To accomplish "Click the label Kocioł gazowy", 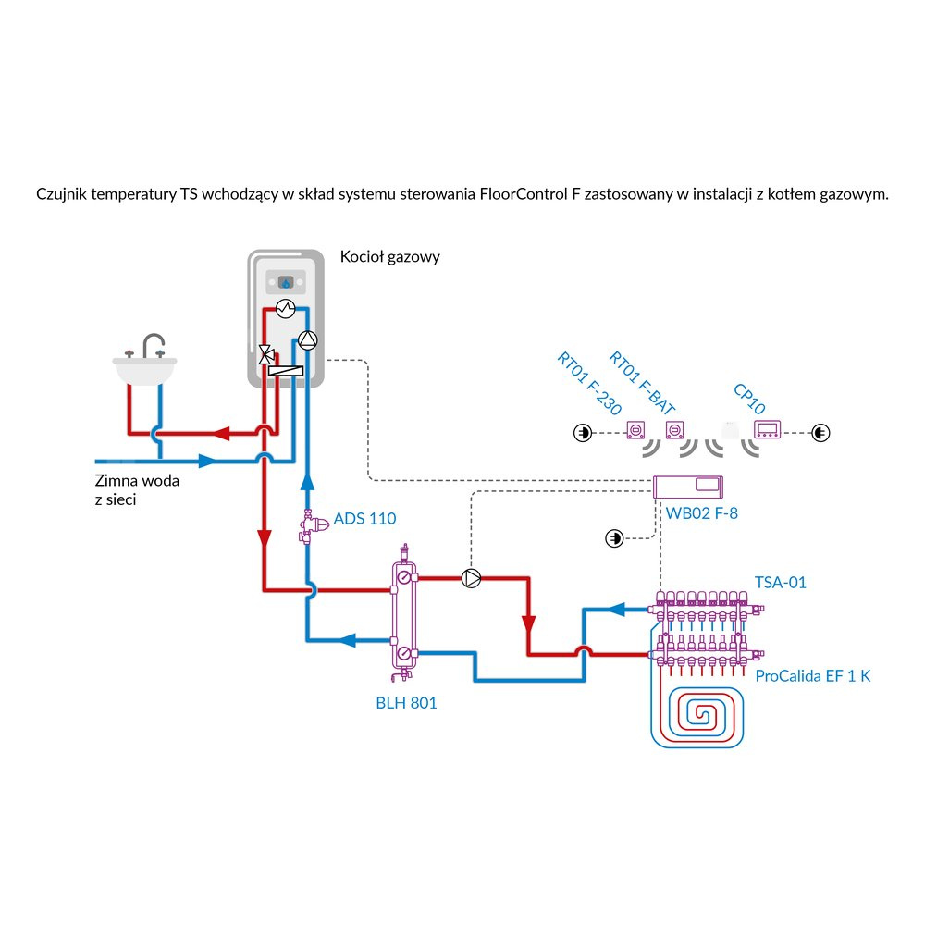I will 389,257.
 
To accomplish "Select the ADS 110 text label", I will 364,519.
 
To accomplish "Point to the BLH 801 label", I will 406,703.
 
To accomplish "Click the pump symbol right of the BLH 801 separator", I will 472,579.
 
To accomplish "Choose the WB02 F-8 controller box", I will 687,486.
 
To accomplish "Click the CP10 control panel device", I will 769,430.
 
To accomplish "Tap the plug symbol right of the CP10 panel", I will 820,432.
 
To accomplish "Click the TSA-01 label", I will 781,583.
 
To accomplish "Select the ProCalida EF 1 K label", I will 813,676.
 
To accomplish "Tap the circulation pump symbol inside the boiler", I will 307,339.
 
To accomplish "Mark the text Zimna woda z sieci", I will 137,490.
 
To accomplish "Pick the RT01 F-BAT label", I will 642,381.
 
